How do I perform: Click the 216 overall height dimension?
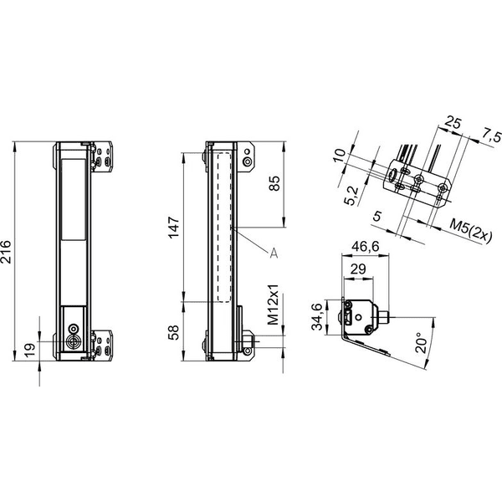click(6, 252)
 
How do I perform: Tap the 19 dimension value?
click(29, 351)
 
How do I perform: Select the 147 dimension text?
click(175, 228)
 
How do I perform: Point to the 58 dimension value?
click(174, 332)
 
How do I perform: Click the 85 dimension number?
click(274, 183)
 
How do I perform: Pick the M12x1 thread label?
click(273, 305)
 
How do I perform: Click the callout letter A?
click(274, 253)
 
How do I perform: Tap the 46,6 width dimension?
click(366, 247)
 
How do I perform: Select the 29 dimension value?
click(357, 269)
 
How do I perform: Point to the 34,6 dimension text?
click(317, 316)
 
